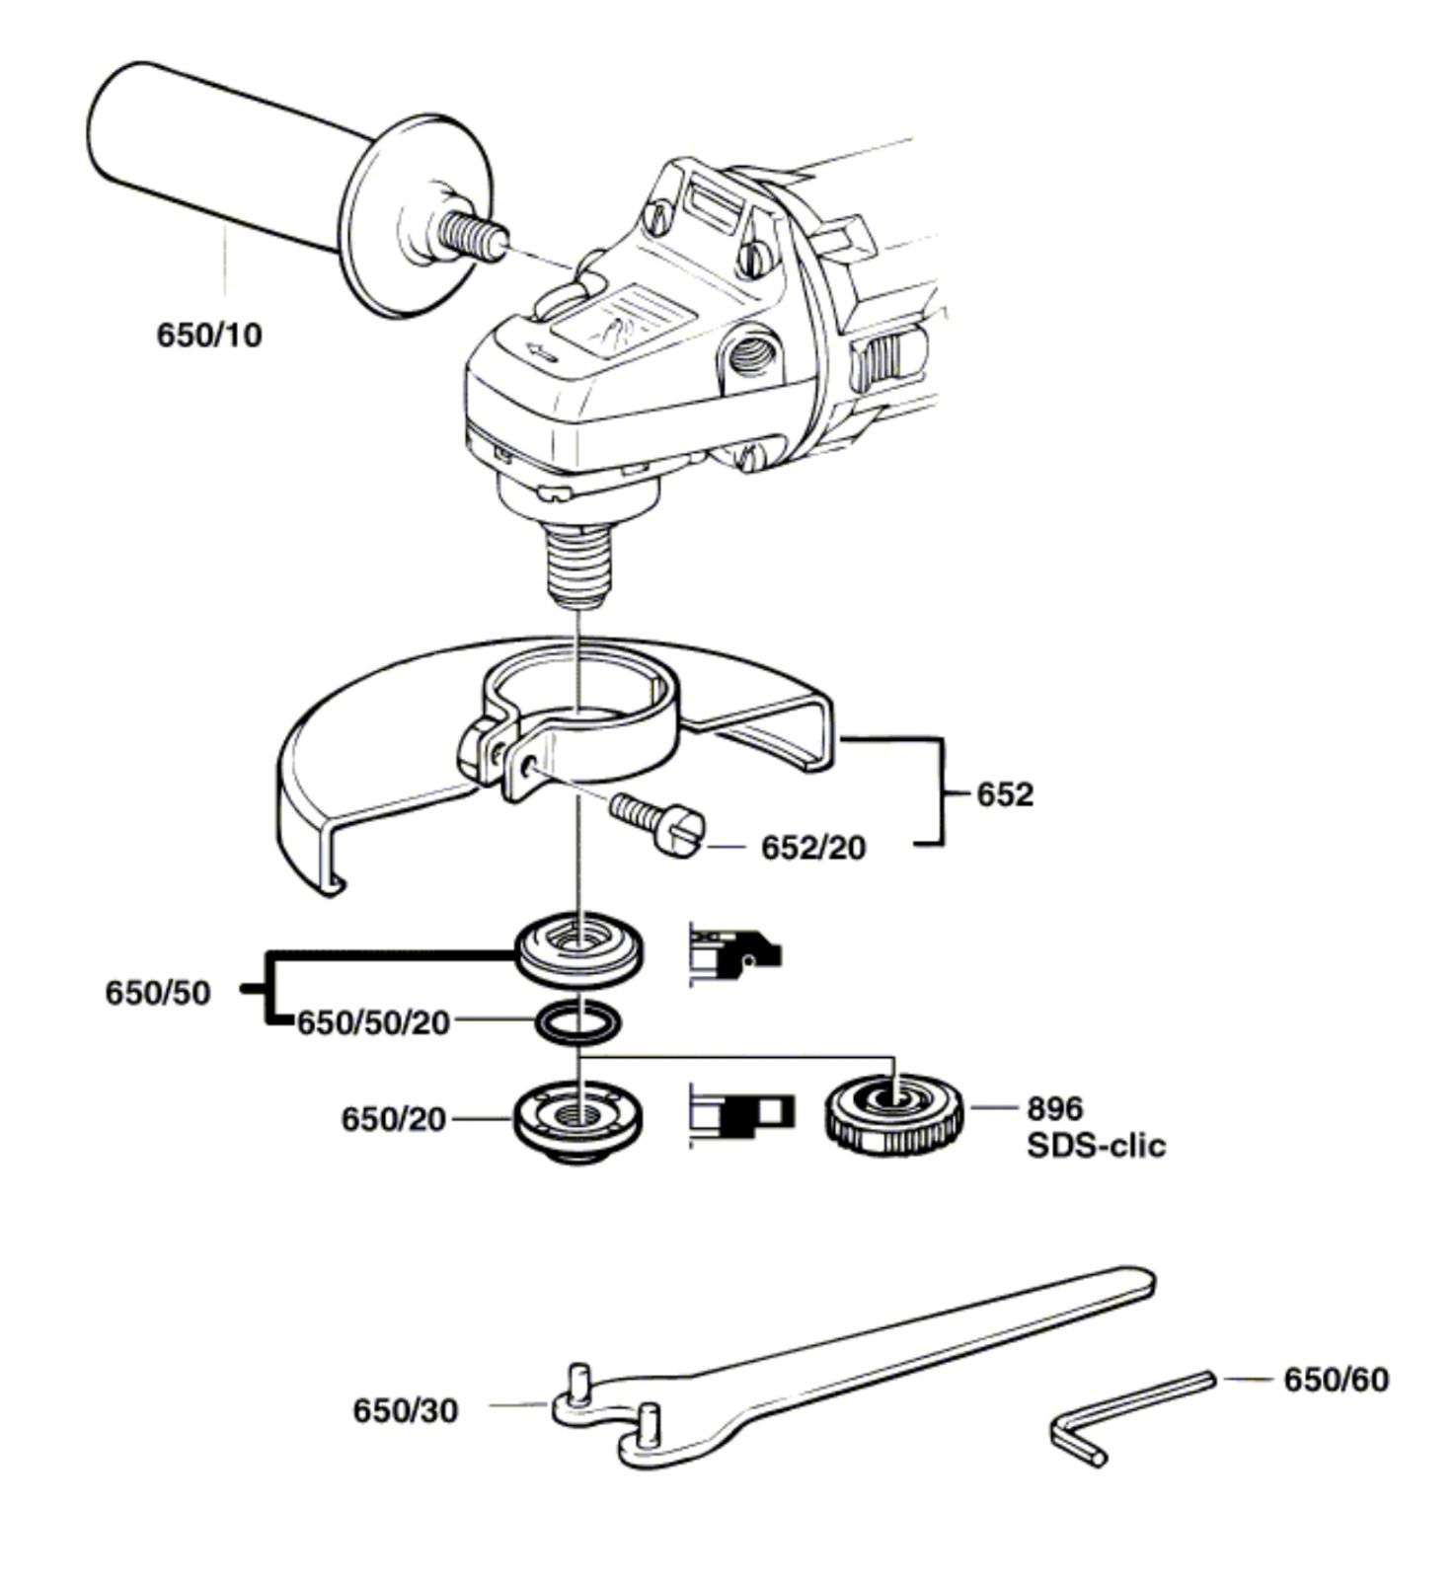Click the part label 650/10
point(210,336)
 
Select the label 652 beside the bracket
point(1005,794)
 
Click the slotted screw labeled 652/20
point(657,825)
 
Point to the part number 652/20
point(813,848)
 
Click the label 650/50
point(158,993)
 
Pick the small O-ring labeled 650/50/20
point(579,1022)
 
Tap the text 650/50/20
point(374,1023)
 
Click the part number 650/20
point(394,1120)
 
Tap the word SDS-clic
point(1096,1146)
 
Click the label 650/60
point(1336,1380)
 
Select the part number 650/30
point(406,1411)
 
